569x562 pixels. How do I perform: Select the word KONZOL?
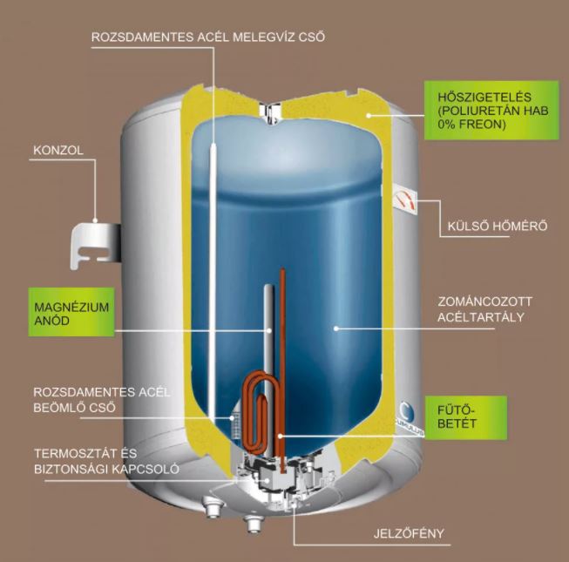tap(58, 150)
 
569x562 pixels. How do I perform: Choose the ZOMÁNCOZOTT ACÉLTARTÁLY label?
tap(484, 309)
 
